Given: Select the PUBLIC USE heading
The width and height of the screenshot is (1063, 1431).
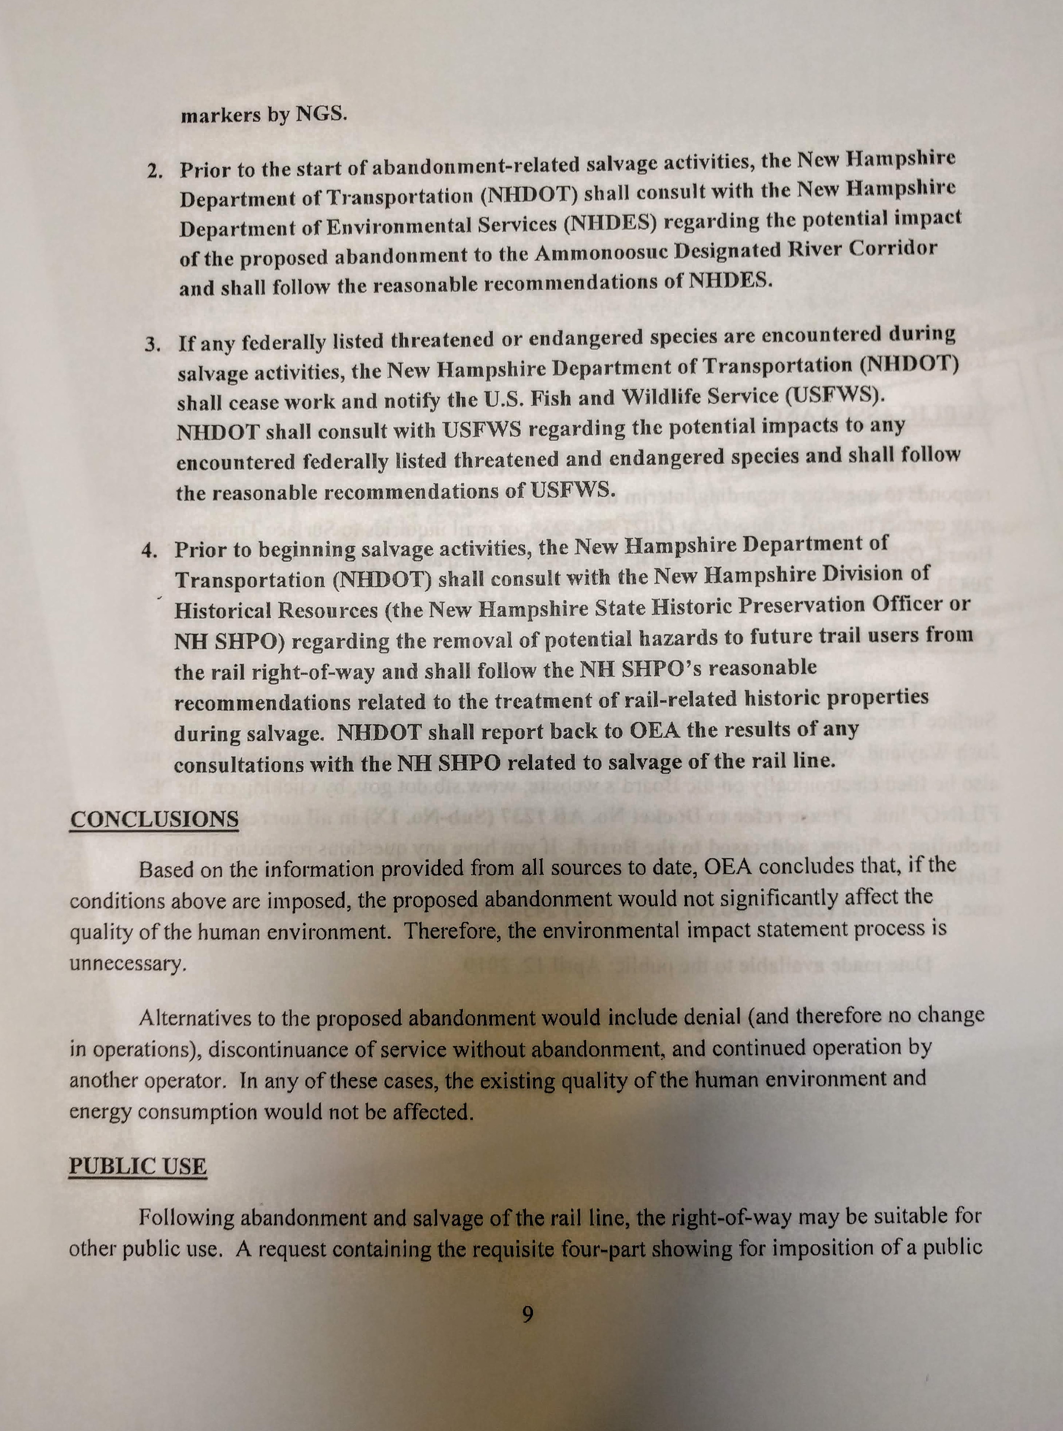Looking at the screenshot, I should (x=138, y=1167).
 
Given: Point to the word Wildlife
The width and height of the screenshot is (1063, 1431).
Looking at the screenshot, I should (x=660, y=397).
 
